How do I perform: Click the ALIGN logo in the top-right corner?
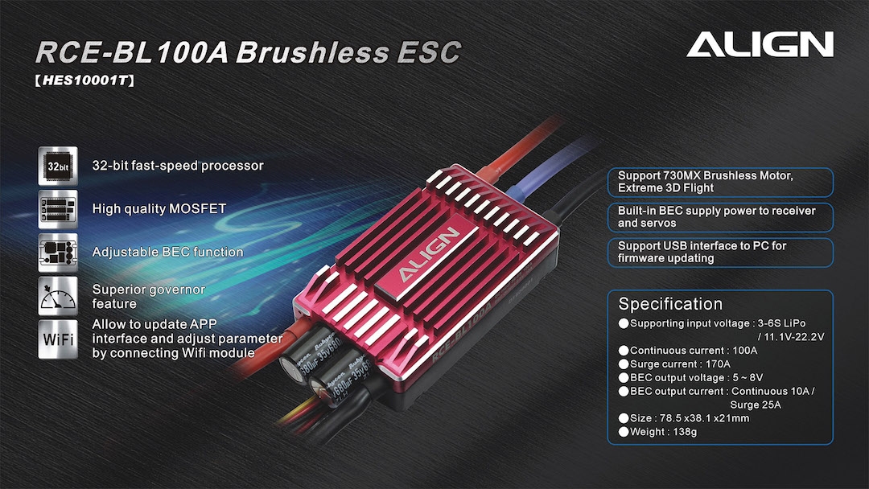pyautogui.click(x=760, y=44)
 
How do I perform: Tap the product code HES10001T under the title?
pyautogui.click(x=84, y=81)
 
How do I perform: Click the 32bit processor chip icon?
pyautogui.click(x=58, y=166)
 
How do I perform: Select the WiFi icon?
pyautogui.click(x=58, y=339)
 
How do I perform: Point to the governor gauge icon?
pyautogui.click(x=58, y=296)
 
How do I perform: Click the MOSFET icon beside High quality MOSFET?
pyautogui.click(x=58, y=209)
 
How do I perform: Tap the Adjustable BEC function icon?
pyautogui.click(x=58, y=253)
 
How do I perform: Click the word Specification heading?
pyautogui.click(x=670, y=304)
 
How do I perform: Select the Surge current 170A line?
pyautogui.click(x=674, y=364)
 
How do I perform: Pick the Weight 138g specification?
pyautogui.click(x=658, y=432)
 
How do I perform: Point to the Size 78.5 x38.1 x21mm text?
pyautogui.click(x=684, y=418)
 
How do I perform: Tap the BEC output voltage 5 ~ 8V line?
pyautogui.click(x=690, y=378)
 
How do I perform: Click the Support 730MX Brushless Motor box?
pyautogui.click(x=720, y=183)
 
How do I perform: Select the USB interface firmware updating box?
pyautogui.click(x=720, y=253)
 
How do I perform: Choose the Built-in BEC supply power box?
pyautogui.click(x=720, y=217)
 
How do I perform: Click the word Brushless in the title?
pyautogui.click(x=312, y=53)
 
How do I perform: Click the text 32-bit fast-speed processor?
pyautogui.click(x=178, y=166)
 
